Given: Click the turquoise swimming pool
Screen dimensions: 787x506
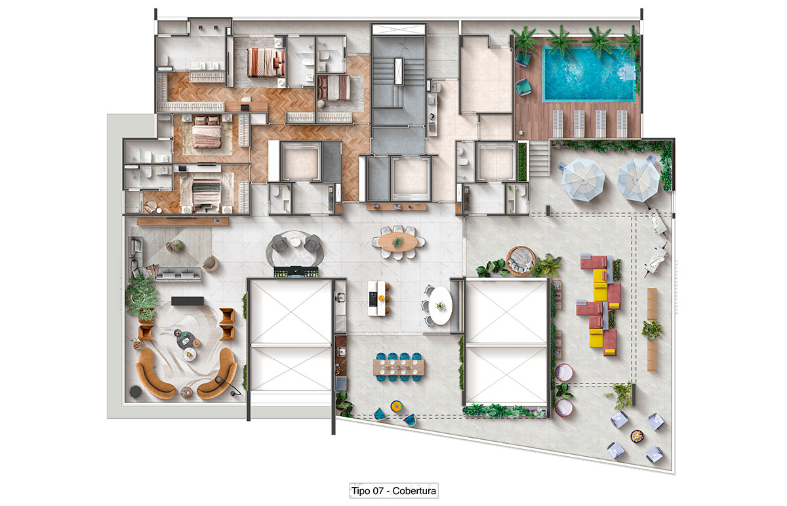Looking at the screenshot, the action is [589, 75].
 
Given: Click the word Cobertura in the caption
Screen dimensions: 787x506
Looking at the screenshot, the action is [414, 490].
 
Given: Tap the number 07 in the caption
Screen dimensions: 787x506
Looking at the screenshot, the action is [378, 490].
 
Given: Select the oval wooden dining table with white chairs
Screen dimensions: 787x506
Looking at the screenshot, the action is [398, 242].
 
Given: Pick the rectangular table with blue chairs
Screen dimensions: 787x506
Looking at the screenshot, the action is [399, 367].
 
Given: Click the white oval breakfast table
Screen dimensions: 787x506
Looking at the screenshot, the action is [440, 305].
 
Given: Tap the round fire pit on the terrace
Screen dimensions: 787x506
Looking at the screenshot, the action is [636, 436].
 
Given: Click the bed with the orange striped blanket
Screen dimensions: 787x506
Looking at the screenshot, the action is [266, 62].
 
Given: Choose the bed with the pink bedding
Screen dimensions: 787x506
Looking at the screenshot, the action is [207, 132].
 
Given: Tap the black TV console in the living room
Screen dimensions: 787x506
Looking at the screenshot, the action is [188, 301].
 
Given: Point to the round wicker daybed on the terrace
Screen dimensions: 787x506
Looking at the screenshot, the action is [521, 261].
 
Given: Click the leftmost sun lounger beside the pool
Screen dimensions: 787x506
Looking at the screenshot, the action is [557, 124].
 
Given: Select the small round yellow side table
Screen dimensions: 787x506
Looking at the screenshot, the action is [396, 406].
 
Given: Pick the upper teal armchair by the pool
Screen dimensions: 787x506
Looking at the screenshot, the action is [523, 58].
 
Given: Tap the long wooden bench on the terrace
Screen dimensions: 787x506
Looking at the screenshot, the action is [652, 330].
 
